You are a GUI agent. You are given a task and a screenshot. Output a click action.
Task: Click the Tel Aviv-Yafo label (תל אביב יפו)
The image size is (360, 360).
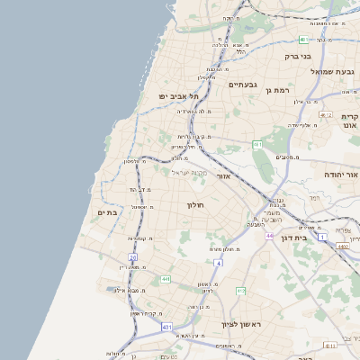click(x=179, y=95)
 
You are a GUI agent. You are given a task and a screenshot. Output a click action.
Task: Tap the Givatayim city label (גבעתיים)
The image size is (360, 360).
click(x=243, y=85)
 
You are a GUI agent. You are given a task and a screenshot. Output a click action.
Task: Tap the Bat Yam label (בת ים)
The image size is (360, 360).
click(x=108, y=212)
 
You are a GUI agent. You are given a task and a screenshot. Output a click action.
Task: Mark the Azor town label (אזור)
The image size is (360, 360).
click(x=224, y=176)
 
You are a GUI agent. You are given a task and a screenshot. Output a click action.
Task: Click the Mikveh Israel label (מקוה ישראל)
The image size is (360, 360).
click(x=189, y=172)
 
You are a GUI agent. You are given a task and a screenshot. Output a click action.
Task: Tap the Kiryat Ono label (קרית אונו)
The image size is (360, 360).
click(x=350, y=121)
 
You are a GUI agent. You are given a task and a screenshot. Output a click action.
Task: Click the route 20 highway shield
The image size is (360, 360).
click(x=133, y=257)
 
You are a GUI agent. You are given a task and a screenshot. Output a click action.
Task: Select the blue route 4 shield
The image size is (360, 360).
click(x=218, y=262)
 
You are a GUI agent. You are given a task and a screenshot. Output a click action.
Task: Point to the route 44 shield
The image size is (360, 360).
click(x=269, y=236)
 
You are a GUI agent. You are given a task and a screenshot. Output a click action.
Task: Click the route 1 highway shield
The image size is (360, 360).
click(x=322, y=236)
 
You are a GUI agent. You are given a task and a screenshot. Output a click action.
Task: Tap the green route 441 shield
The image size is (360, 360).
click(x=166, y=280)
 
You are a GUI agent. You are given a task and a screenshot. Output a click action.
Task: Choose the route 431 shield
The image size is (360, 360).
click(x=166, y=327)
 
